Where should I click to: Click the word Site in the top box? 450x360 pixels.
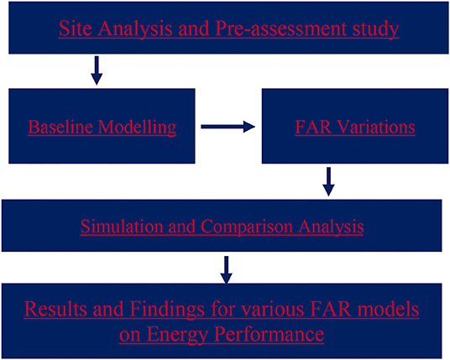click(x=76, y=29)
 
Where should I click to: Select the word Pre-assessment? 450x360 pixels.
click(x=280, y=29)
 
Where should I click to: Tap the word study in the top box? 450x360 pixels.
click(x=375, y=29)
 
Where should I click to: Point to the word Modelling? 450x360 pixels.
click(x=137, y=128)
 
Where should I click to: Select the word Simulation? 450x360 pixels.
click(x=122, y=227)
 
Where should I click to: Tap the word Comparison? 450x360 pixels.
click(x=247, y=227)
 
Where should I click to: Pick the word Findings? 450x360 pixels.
click(x=167, y=310)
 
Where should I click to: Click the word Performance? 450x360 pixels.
click(x=269, y=334)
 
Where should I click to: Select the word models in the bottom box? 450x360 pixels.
click(x=387, y=309)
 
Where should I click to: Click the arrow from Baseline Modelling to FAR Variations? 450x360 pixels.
click(x=228, y=127)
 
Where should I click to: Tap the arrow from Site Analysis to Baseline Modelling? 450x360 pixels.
click(x=97, y=70)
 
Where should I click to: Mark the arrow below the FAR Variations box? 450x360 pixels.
click(x=328, y=181)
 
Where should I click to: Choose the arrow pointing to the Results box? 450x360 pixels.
click(x=227, y=270)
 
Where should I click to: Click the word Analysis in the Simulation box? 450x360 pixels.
click(x=331, y=227)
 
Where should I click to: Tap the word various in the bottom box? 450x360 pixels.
click(x=271, y=309)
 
